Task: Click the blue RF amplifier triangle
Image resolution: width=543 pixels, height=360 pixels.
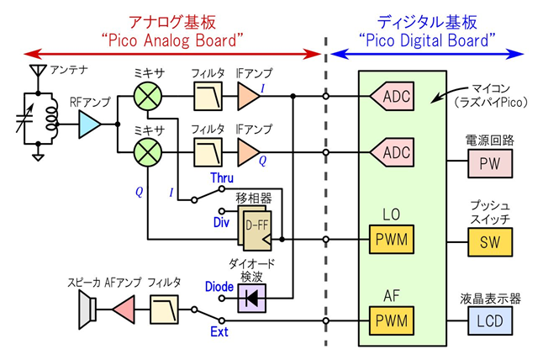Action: click(x=90, y=127)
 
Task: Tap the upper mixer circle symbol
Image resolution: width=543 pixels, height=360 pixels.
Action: click(x=149, y=98)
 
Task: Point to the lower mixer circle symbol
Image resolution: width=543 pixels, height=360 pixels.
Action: click(x=149, y=152)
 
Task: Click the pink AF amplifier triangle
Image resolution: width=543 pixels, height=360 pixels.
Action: click(x=123, y=314)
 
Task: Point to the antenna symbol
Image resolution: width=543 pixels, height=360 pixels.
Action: click(x=36, y=71)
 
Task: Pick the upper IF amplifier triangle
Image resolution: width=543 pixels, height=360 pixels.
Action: click(x=249, y=98)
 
